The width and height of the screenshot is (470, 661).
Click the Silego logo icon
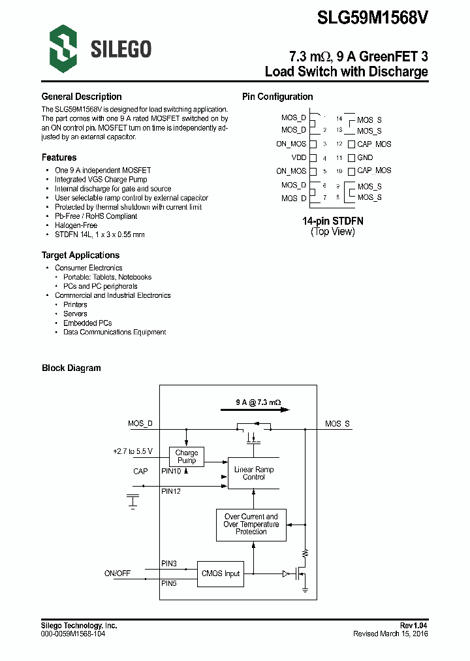coord(63,47)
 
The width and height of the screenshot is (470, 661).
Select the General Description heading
coord(82,97)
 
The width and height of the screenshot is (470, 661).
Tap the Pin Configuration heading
coord(277,97)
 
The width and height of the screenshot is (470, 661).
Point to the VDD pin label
coord(298,157)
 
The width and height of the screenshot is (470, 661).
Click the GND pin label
coord(365,157)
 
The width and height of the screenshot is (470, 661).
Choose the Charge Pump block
coord(187,457)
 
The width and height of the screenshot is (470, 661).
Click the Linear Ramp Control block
coord(254,473)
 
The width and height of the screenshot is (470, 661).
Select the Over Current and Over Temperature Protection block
coord(251,524)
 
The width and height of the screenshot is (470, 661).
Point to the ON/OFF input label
coord(117,573)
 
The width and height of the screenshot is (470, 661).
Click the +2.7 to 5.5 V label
coord(133,451)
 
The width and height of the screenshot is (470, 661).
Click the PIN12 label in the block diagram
coord(171,491)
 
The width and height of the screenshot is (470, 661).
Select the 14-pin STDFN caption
coord(333,221)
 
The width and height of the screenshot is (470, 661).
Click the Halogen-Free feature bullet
coord(76,225)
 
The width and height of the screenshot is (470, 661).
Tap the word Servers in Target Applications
coord(75,314)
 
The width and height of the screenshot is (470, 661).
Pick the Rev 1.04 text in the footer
coord(413,626)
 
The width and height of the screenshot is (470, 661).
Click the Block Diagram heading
coord(71,368)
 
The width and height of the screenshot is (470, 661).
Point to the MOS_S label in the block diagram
coord(337,424)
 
